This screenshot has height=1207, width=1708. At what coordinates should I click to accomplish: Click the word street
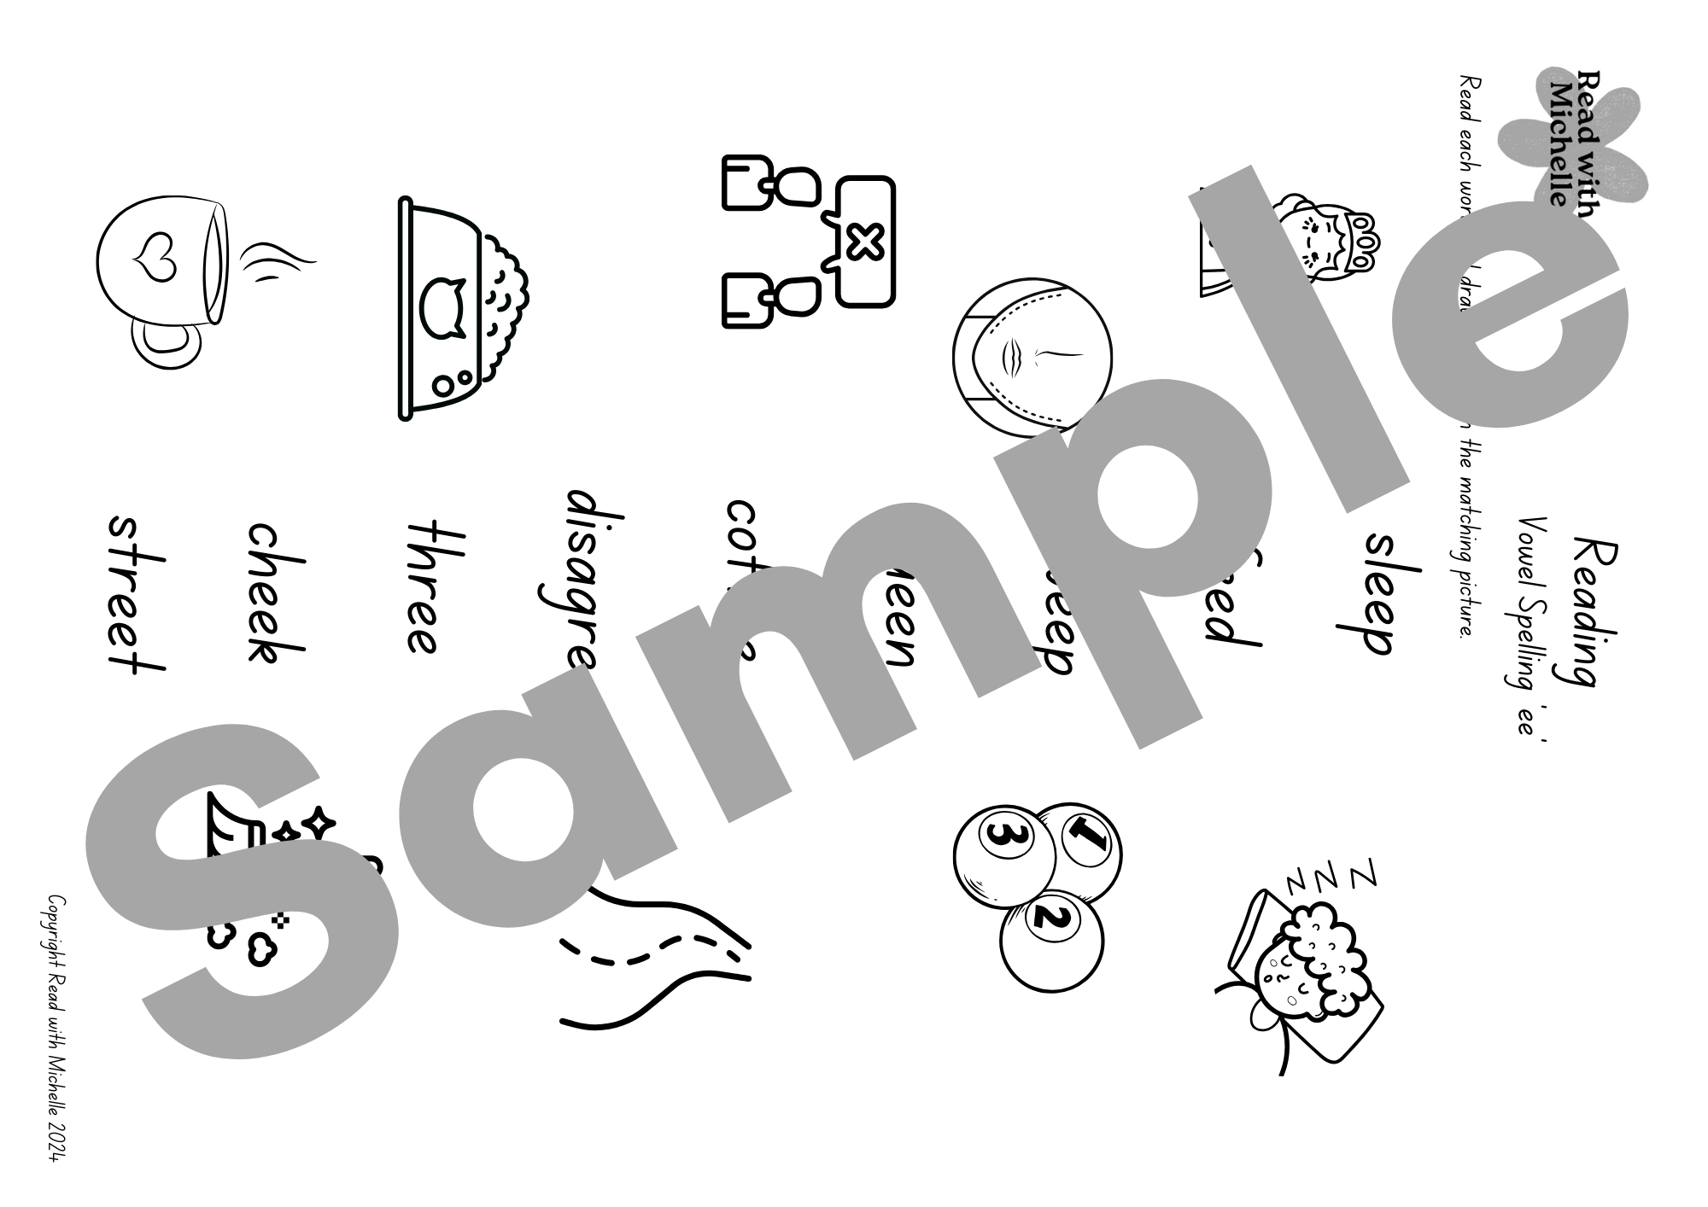135,592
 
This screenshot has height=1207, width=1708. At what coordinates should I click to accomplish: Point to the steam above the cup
276,260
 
